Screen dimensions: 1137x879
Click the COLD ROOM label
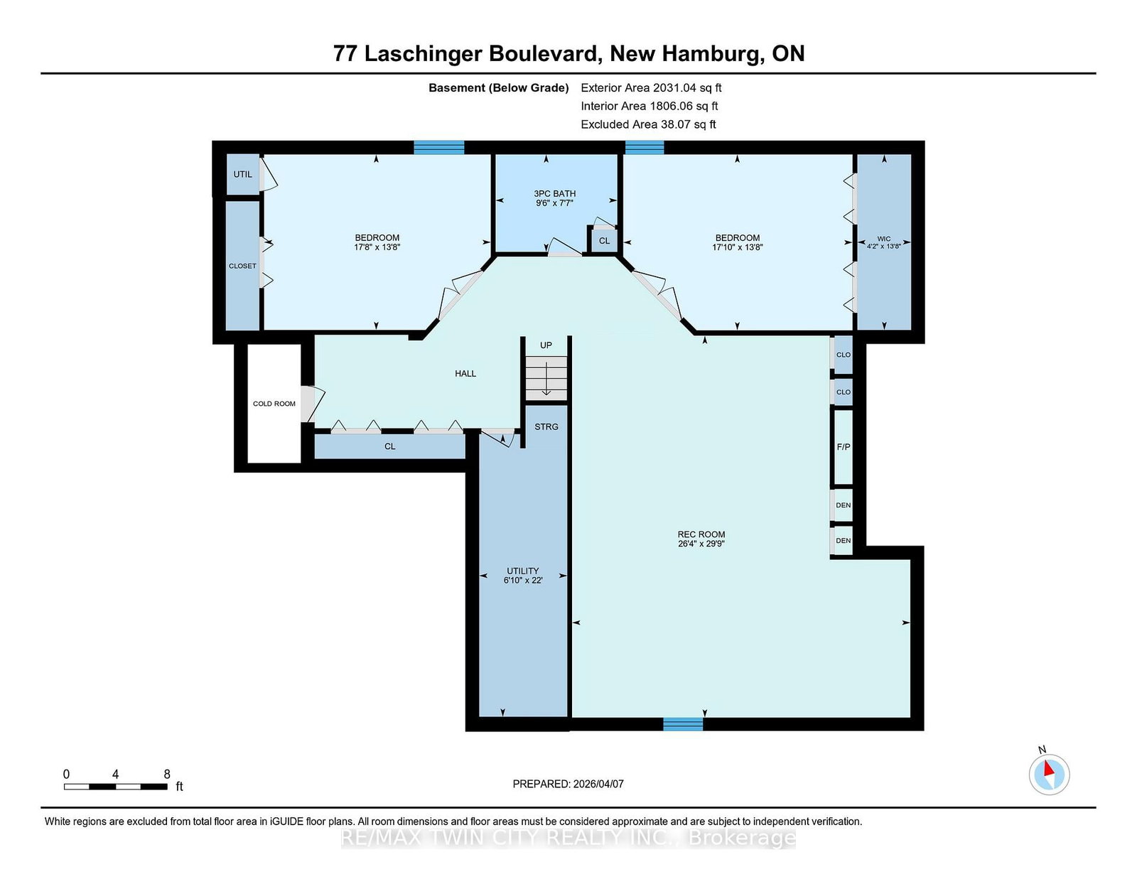[274, 404]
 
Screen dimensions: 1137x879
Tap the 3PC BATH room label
[554, 193]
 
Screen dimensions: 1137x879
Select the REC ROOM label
[701, 534]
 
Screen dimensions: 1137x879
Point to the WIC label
[884, 239]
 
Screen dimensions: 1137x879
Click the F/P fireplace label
[844, 447]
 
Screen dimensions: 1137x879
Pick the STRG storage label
[546, 427]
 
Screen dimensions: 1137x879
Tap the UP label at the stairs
[546, 345]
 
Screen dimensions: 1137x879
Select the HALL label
[465, 374]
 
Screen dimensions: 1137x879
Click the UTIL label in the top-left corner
[243, 174]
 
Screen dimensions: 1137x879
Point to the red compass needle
[1048, 768]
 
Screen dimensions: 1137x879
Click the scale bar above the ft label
[116, 787]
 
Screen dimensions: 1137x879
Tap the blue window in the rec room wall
[683, 724]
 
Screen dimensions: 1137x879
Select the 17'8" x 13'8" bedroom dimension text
[377, 247]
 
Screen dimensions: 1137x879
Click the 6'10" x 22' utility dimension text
[523, 581]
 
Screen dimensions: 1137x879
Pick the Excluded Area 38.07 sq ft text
[648, 124]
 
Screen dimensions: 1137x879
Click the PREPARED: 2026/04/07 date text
[568, 784]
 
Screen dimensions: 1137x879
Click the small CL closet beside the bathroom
[604, 241]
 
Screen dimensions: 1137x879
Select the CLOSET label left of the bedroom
[242, 266]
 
